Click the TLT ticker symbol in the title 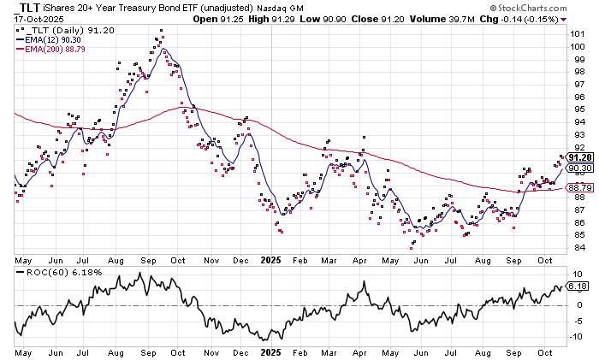click(31, 8)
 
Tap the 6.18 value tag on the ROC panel click(579, 286)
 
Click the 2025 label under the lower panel click(271, 352)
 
